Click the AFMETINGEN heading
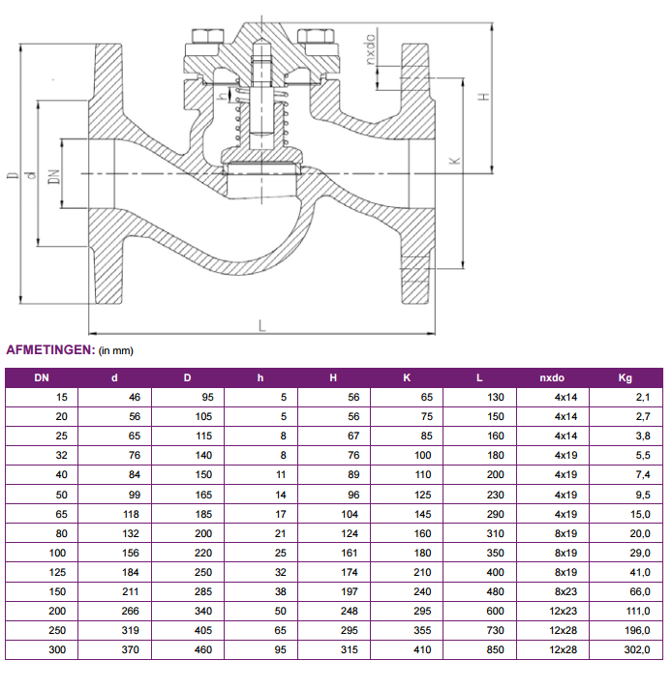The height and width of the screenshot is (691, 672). coord(49,349)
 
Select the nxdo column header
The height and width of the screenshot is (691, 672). coord(552,377)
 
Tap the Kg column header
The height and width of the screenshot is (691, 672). coord(625,377)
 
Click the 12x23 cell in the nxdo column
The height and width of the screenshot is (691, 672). coord(565,611)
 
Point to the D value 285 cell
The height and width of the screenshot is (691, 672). coord(204,591)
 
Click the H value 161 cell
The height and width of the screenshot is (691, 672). coord(350,553)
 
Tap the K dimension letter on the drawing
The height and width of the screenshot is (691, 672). coord(455,160)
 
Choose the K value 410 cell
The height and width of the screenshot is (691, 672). coord(422,649)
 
